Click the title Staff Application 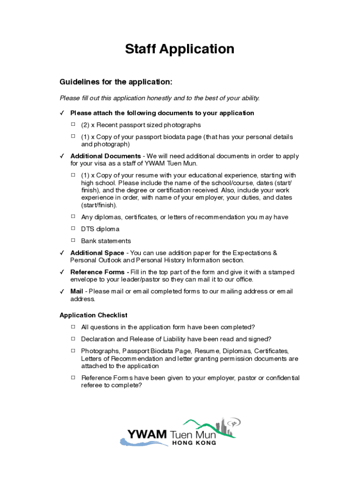tap(180, 49)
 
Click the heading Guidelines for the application tap(116, 82)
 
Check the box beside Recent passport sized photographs tap(73, 124)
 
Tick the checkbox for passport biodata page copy tap(73, 136)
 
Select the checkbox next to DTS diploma tap(73, 228)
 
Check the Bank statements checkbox tap(73, 240)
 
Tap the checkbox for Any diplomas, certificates tap(73, 216)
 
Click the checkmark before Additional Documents tap(62, 156)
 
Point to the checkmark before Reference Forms tap(62, 272)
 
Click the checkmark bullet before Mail tap(62, 291)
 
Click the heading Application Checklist tap(94, 315)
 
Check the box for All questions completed tap(73, 326)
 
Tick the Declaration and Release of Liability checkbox tap(73, 338)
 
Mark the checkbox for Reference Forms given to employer tap(73, 377)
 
